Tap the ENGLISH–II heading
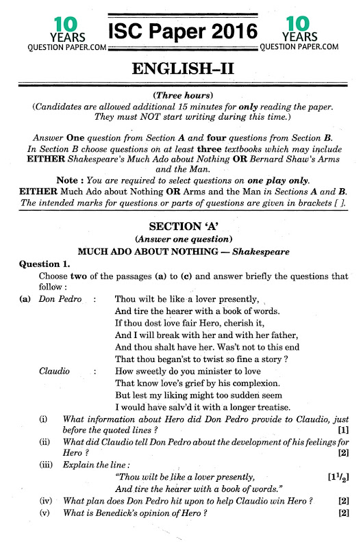click(x=181, y=70)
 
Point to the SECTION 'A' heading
click(x=181, y=226)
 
